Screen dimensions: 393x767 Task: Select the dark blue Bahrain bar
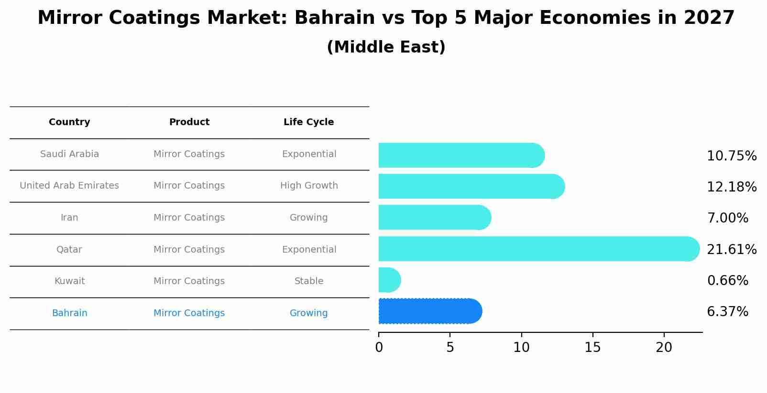[x=429, y=311]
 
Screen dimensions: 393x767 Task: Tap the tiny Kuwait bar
[x=389, y=280]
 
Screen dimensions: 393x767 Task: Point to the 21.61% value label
[x=731, y=249]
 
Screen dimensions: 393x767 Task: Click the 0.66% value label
[x=727, y=281]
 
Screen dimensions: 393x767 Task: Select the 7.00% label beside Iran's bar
[x=727, y=218]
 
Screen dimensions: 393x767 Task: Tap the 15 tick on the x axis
[x=592, y=348]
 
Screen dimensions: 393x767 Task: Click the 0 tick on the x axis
[x=379, y=348]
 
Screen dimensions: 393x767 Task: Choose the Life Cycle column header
[x=308, y=122]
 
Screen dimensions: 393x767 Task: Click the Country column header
[x=69, y=122]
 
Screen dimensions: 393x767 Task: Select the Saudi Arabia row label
[x=69, y=154]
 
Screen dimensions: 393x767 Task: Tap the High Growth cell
[x=308, y=186]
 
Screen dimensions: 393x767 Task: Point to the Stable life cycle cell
[x=308, y=281]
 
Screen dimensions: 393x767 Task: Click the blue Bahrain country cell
[x=69, y=313]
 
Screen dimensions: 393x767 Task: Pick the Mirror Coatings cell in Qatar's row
[x=189, y=250]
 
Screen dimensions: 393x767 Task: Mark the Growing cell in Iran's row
[x=308, y=218]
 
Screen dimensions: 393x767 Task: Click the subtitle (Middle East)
[x=386, y=47]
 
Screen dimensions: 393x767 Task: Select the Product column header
[x=189, y=122]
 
